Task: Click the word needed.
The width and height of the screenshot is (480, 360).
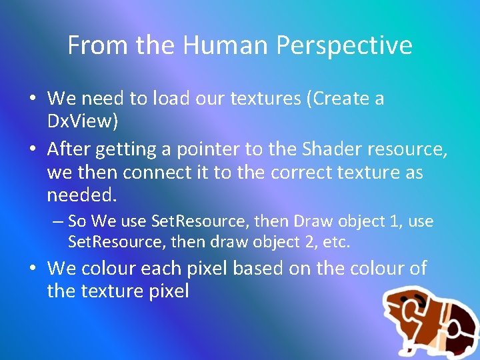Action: point(81,196)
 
